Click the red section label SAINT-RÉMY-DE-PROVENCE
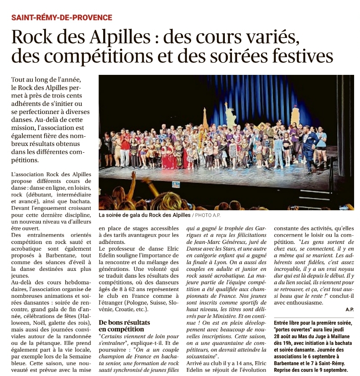point(61,18)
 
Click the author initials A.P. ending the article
point(349,309)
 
